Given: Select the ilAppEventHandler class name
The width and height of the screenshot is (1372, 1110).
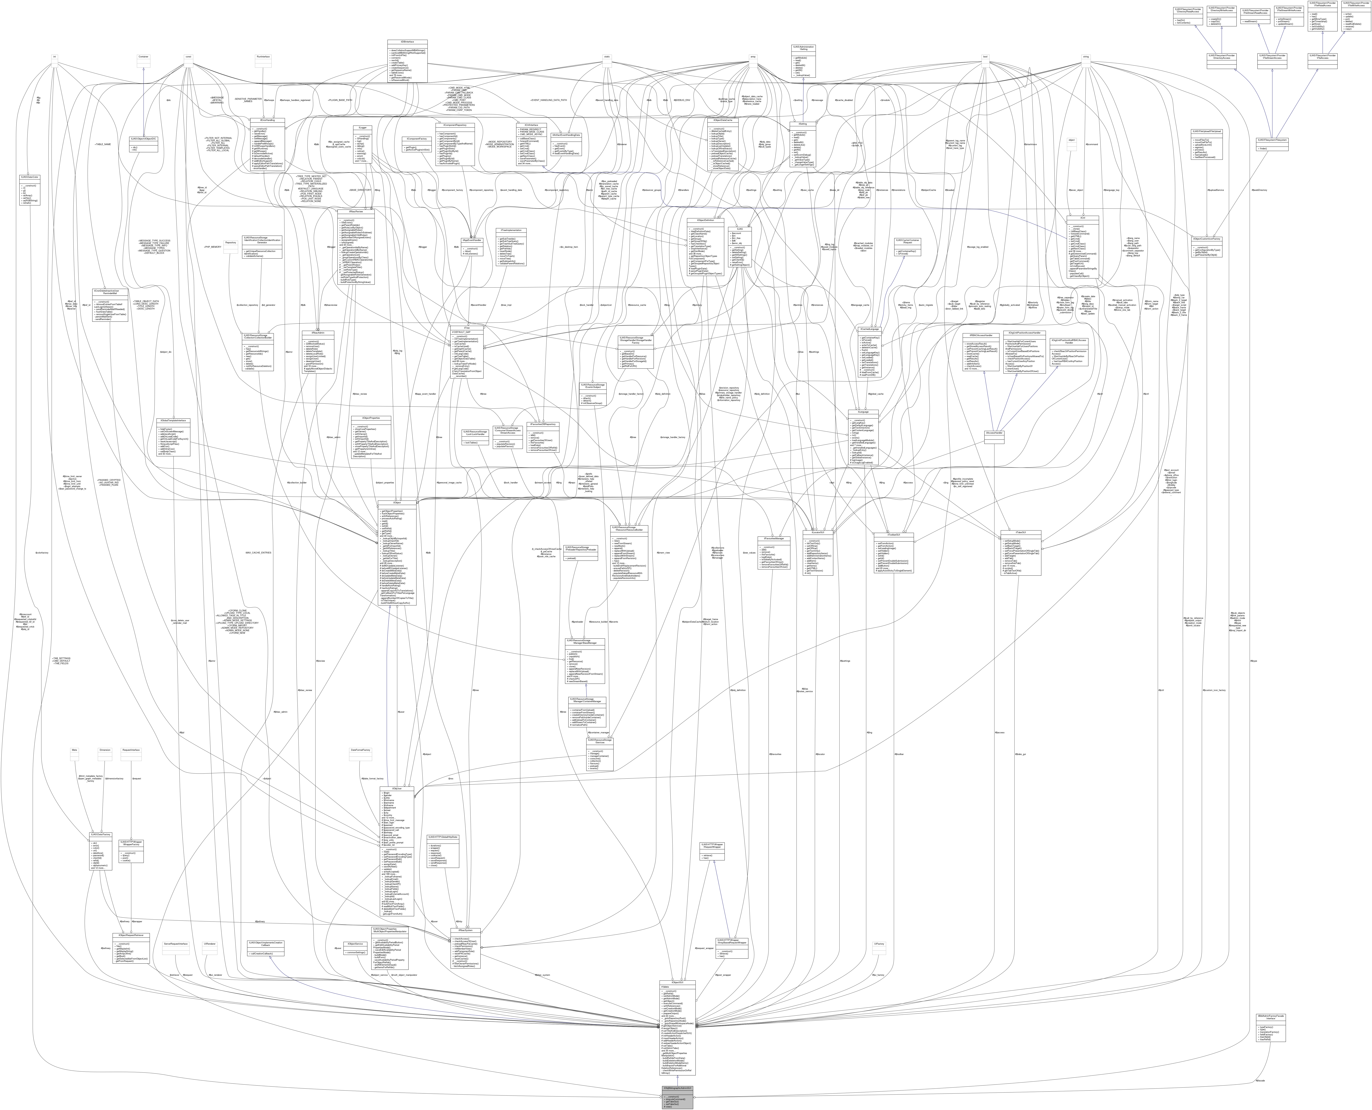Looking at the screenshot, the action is [x=472, y=240].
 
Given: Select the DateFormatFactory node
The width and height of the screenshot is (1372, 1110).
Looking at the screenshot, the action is [x=361, y=749].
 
